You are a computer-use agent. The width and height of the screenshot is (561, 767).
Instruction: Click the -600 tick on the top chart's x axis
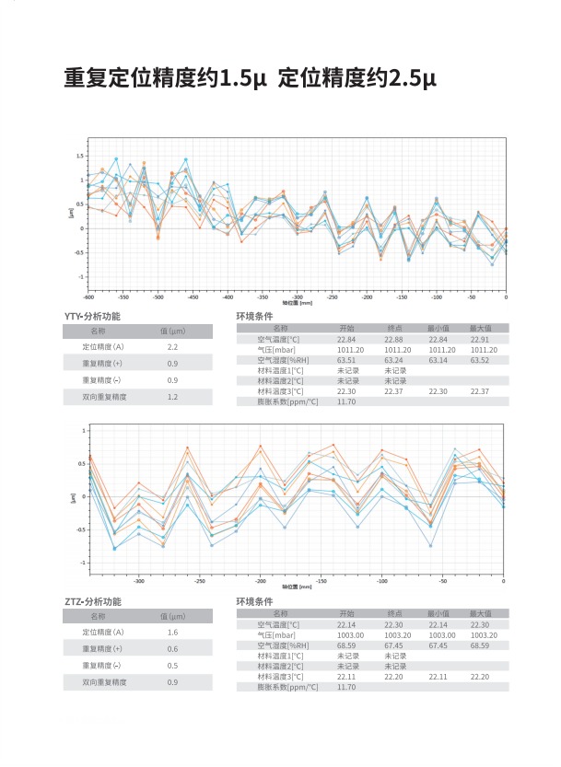tap(88, 297)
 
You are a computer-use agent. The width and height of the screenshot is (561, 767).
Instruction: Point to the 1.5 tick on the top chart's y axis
tap(80, 157)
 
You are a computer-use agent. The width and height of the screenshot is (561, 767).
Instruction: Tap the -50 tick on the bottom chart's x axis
tap(443, 582)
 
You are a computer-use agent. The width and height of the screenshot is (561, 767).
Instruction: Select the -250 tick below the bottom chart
tap(199, 582)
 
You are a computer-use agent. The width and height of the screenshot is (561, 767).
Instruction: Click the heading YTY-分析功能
tap(92, 317)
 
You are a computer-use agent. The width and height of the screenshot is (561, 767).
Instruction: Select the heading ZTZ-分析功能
tap(92, 602)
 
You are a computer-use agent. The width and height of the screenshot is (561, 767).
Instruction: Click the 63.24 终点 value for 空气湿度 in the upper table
tap(393, 360)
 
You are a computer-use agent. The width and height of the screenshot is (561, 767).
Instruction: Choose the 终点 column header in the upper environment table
tap(394, 328)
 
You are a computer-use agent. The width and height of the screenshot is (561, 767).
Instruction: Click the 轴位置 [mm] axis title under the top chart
tap(298, 303)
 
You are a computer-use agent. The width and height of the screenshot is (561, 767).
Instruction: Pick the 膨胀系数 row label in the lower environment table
tap(281, 687)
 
